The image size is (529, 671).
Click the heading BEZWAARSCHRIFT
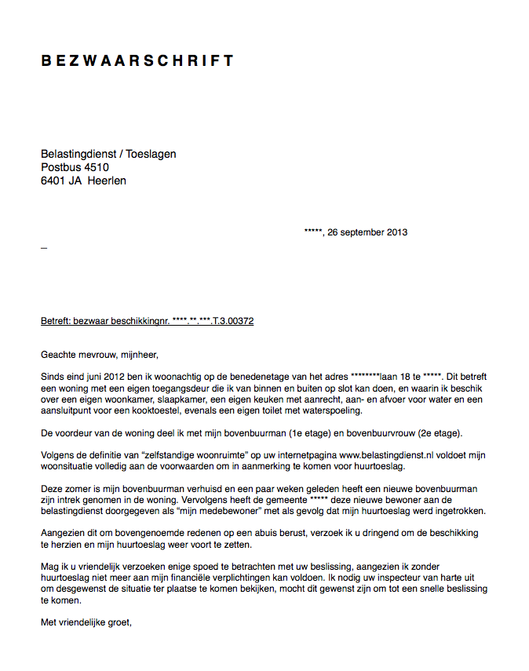point(137,61)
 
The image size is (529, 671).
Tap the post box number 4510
point(97,167)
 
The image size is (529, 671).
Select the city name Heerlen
point(107,181)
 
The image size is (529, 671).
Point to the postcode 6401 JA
point(61,181)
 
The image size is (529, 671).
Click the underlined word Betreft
point(55,322)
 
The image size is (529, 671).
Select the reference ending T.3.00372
point(231,322)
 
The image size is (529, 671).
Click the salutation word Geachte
point(58,354)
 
